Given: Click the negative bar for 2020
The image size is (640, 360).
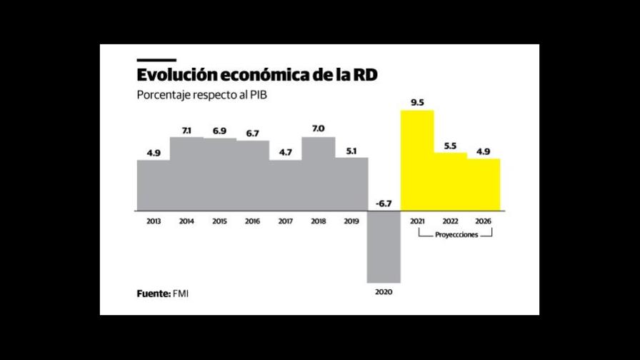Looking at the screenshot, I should tap(384, 246).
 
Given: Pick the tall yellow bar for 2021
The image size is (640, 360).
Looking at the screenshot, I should tap(416, 161).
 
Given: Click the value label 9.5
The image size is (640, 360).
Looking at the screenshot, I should tap(418, 102).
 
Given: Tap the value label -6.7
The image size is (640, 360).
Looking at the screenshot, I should tap(384, 204).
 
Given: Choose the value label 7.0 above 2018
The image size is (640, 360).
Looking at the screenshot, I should tap(318, 129).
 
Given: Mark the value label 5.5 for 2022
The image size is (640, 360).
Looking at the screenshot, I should tap(450, 145).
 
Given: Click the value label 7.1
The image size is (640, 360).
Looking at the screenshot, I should tap(186, 130).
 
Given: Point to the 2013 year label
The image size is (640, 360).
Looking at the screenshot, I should tap(153, 221).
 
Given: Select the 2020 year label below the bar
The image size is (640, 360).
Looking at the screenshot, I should tap(384, 292).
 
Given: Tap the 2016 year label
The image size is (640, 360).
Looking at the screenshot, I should tap(252, 221).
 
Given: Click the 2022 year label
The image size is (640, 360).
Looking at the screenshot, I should tap(450, 221).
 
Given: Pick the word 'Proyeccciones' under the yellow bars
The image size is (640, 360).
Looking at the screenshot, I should tap(450, 234).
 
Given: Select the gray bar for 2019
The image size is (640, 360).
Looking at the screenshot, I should tap(351, 184).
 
